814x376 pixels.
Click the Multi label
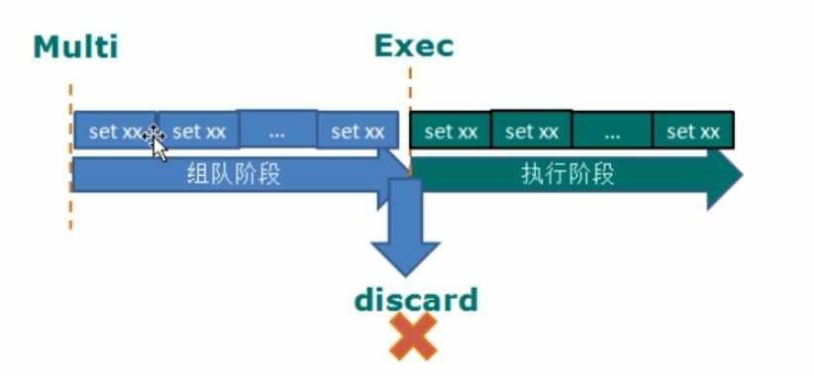tap(76, 47)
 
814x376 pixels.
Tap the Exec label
tap(414, 47)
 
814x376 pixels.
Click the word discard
tap(417, 299)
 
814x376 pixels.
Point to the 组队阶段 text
tap(235, 175)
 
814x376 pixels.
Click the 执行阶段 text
tap(568, 175)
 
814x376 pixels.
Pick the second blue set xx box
tap(198, 132)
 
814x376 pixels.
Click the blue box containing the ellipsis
tap(277, 130)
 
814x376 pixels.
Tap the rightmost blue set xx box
tap(357, 132)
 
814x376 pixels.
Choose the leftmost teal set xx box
tap(451, 132)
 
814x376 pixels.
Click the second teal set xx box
tap(532, 131)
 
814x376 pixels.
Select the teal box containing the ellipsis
tap(611, 131)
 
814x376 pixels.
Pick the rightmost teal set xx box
tap(693, 132)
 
